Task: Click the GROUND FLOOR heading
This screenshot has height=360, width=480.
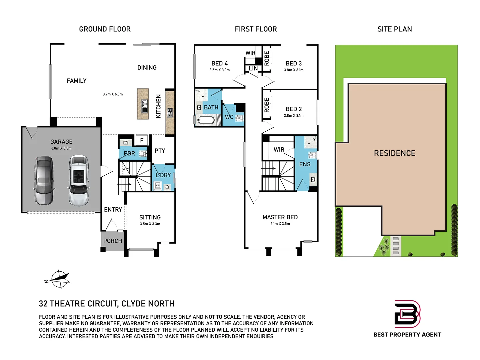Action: coord(105,29)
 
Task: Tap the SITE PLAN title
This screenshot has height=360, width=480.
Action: coord(394,29)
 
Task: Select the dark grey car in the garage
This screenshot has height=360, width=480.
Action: coord(44,180)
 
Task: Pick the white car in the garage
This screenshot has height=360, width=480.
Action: coord(79,181)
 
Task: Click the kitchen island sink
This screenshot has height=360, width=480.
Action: coord(144,106)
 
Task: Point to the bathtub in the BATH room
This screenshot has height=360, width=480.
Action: coord(206,120)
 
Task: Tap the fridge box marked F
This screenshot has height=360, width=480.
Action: coord(142,140)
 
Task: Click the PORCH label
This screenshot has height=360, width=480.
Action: coord(113,241)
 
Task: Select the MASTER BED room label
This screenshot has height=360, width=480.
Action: coord(280,217)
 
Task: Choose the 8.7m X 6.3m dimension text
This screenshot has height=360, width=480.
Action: coord(113,94)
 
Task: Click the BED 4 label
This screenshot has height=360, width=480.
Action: coord(220,63)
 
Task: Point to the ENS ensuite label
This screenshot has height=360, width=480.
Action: coord(305,164)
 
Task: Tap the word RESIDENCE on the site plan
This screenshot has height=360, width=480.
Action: coord(395,153)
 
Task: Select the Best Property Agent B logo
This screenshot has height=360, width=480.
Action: coord(407,314)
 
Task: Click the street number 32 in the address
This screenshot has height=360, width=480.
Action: coord(43,304)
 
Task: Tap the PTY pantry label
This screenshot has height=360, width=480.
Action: coord(160,151)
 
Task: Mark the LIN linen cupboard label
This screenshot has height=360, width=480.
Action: coord(253,68)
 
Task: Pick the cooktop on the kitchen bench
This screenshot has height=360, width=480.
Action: coord(170,113)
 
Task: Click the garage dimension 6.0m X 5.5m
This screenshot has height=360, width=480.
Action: coord(61,148)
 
